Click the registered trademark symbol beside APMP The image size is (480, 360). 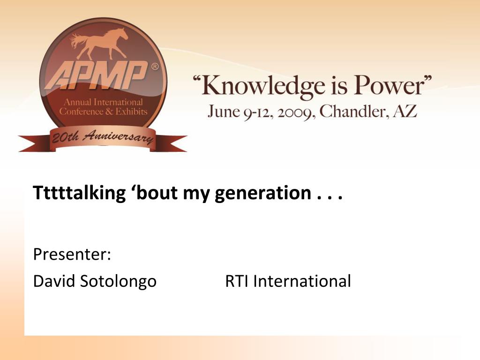(155, 66)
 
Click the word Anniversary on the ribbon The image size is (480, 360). (118, 137)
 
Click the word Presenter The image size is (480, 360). (72, 254)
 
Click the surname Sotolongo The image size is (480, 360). (118, 282)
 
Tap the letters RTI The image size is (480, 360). (237, 281)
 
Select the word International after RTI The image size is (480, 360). (302, 281)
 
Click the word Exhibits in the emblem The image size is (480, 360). (131, 112)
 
